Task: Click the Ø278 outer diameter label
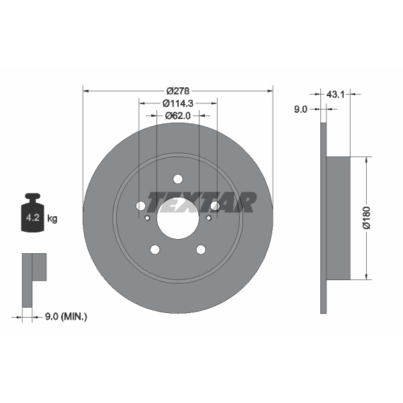(178, 90)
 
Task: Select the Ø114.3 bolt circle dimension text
(178, 103)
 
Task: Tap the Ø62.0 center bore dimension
(178, 116)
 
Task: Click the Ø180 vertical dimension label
(366, 218)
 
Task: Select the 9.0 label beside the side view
(300, 109)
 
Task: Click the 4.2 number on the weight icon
(32, 218)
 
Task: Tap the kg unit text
(52, 218)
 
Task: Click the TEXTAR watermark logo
(201, 201)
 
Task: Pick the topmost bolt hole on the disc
(178, 179)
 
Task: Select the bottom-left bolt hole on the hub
(155, 250)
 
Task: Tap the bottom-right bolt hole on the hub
(201, 250)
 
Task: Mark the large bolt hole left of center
(141, 206)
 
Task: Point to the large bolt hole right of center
(215, 206)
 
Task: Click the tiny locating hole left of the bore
(148, 218)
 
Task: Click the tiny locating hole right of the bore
(208, 218)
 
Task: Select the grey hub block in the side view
(339, 218)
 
